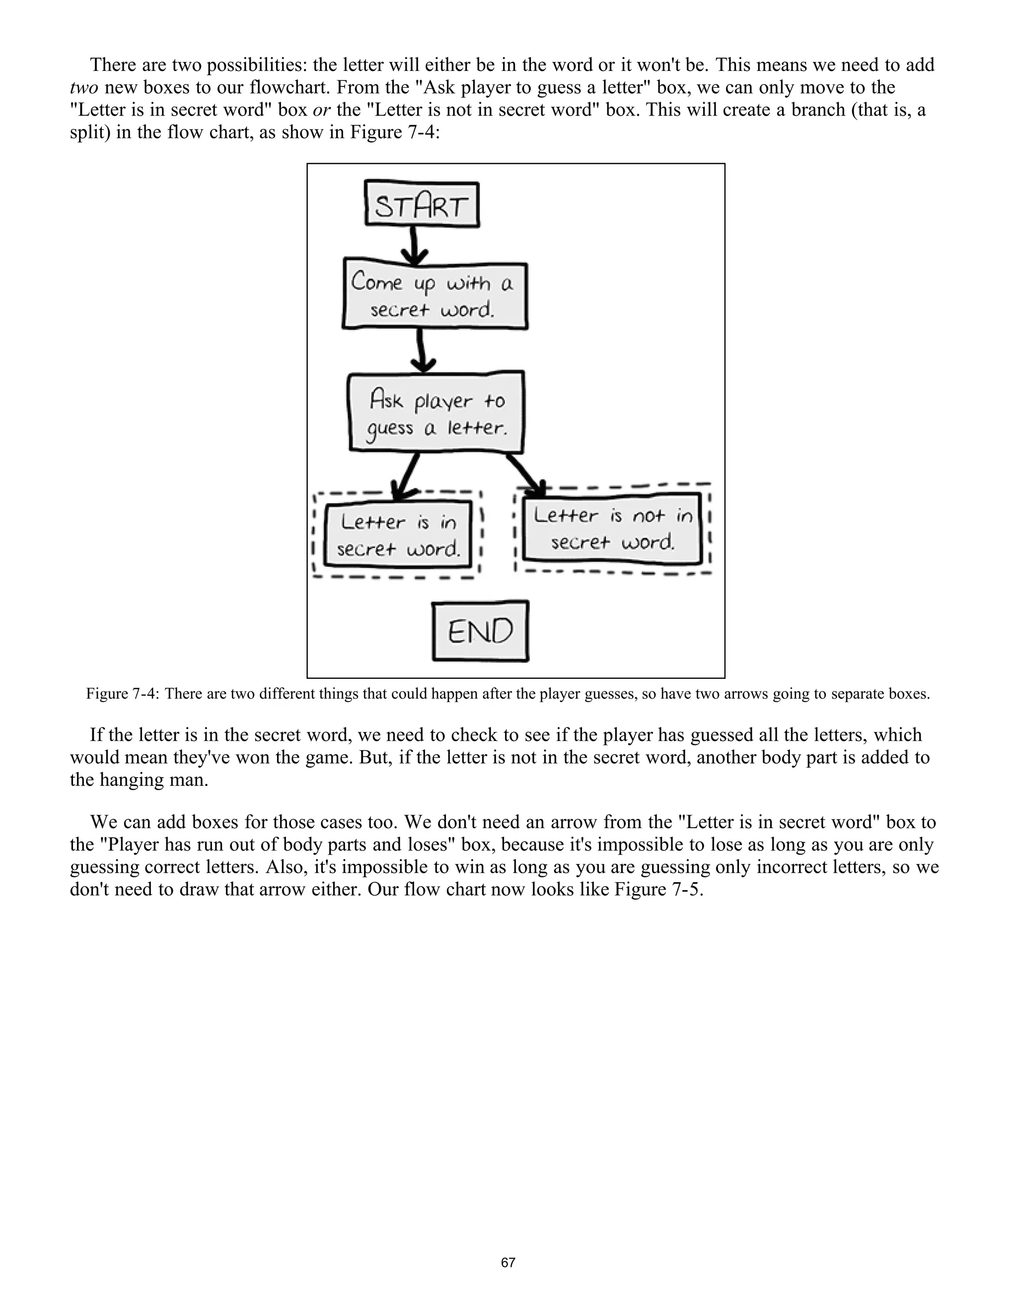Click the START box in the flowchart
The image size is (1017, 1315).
tap(422, 205)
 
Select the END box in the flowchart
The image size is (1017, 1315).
tap(480, 631)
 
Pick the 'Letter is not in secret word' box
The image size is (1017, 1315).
tap(613, 527)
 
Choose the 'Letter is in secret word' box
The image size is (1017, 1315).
tap(398, 534)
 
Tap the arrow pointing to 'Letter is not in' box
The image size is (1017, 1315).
tap(526, 474)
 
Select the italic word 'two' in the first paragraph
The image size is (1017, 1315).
tap(84, 88)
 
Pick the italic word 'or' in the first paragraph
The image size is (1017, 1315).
tap(322, 110)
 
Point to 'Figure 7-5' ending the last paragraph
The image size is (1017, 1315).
tap(658, 890)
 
